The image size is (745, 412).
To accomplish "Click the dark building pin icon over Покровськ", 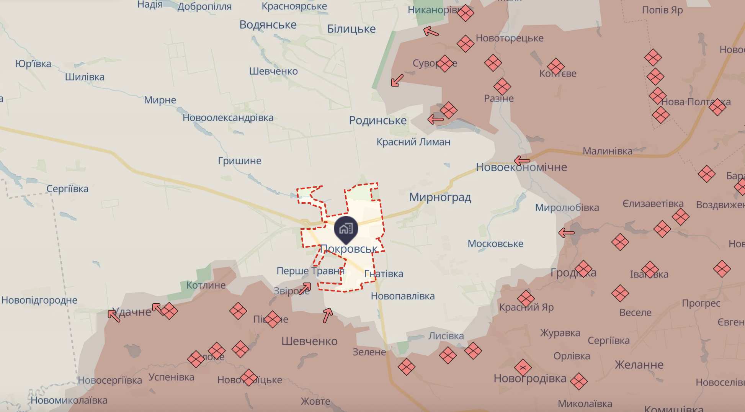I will click(x=346, y=229).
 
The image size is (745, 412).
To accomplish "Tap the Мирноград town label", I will click(x=440, y=197).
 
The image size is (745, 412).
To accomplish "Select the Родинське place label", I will click(x=377, y=120).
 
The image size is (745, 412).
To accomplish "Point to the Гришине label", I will click(x=240, y=161).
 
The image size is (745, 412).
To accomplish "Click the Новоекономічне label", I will click(x=521, y=167).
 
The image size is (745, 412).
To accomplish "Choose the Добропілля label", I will click(x=204, y=7).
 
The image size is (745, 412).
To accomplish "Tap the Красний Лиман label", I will click(x=413, y=142).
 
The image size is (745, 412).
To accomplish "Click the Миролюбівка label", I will click(x=567, y=208).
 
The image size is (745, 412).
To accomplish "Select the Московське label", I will click(x=495, y=244).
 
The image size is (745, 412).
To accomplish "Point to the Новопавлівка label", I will click(x=403, y=296).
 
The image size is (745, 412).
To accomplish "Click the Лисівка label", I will click(x=446, y=336).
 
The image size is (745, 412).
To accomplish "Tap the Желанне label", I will click(x=639, y=365).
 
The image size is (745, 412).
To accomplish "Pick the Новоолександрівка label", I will click(x=228, y=118).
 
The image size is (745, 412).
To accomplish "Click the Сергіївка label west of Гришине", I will click(x=67, y=189).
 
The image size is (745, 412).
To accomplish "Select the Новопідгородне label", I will click(x=39, y=300).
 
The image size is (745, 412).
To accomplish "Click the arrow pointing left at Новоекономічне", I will click(x=522, y=160).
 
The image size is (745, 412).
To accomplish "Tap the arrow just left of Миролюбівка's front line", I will click(x=567, y=232).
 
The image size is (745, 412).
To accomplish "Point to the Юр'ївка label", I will click(x=33, y=64).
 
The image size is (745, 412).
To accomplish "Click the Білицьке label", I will click(x=351, y=29).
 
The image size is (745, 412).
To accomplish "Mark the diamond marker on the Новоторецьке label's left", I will click(x=466, y=43).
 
